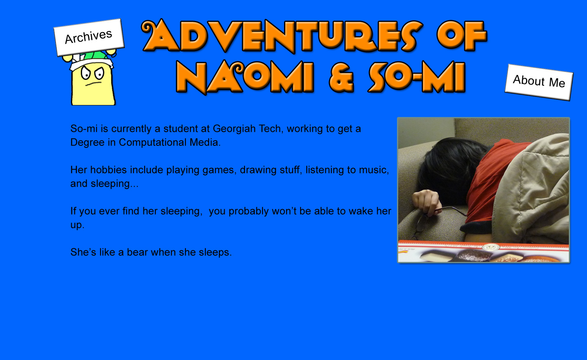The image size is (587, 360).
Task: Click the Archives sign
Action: [89, 37]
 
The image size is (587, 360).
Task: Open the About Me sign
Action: [539, 82]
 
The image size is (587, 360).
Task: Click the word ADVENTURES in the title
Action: [282, 36]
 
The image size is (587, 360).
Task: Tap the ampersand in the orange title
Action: [341, 77]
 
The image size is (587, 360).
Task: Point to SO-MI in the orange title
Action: [417, 77]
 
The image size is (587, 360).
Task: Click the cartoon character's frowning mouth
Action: [94, 84]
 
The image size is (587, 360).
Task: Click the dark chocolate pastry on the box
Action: [472, 255]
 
